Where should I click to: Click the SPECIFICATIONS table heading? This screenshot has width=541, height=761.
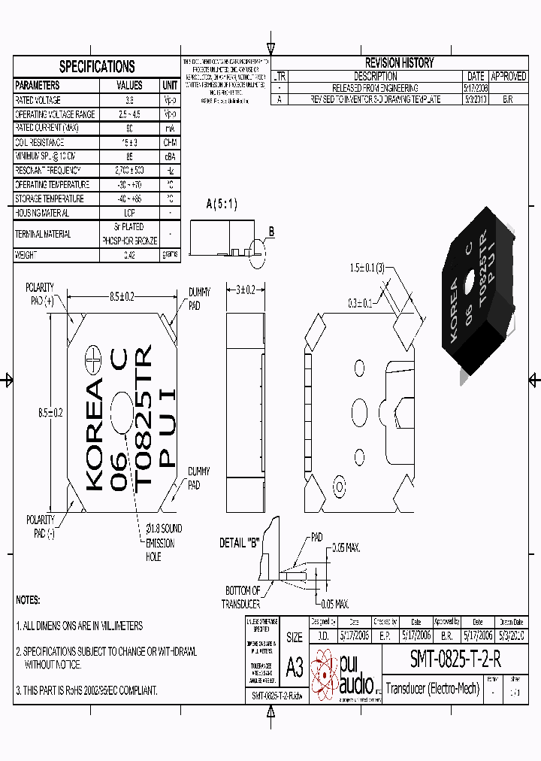click(x=97, y=67)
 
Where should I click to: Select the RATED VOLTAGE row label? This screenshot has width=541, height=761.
click(x=38, y=100)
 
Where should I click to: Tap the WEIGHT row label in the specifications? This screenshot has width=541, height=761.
click(x=26, y=255)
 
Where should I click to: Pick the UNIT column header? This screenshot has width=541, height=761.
click(x=170, y=86)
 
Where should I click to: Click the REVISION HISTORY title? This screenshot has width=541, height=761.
click(x=399, y=63)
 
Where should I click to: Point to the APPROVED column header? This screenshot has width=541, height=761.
click(x=509, y=77)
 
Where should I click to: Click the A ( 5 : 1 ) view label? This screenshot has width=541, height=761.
click(x=222, y=204)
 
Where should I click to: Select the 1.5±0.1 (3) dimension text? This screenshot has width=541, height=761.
click(x=367, y=268)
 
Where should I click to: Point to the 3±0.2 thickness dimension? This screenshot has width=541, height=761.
click(x=243, y=290)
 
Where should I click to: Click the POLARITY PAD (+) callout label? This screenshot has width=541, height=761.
click(x=40, y=294)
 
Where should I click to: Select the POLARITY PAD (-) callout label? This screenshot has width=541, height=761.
click(x=40, y=526)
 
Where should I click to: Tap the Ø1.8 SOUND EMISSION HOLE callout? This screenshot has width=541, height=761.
click(x=162, y=543)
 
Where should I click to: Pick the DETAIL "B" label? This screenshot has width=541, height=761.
click(x=239, y=543)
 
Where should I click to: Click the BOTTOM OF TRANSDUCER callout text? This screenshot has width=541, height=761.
click(x=242, y=597)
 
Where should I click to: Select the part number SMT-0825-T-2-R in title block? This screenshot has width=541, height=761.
click(x=455, y=659)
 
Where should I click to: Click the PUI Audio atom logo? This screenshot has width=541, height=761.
click(x=325, y=672)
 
